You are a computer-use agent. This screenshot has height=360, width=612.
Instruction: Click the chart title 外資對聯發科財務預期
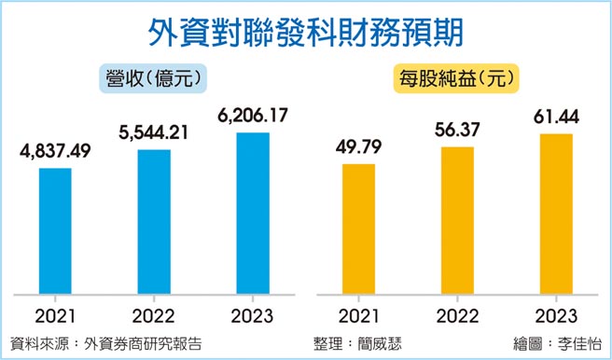point(305,31)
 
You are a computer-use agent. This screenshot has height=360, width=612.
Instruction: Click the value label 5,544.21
point(154,132)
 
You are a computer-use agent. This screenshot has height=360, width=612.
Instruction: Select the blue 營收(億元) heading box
point(153,77)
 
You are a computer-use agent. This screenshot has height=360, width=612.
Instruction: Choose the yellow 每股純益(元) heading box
point(457,77)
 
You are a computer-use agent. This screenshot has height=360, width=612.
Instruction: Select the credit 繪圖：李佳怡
point(558,343)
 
